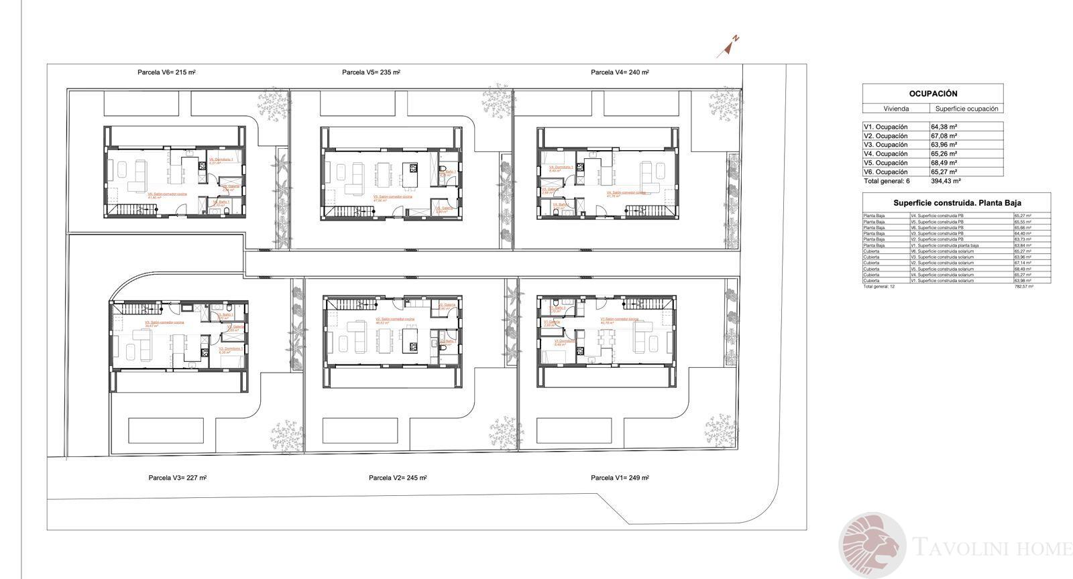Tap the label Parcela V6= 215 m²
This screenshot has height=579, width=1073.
coord(166,72)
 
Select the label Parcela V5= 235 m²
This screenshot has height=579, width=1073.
coord(370,72)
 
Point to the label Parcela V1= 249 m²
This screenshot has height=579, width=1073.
coord(620,478)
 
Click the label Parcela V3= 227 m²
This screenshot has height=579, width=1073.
coord(177,478)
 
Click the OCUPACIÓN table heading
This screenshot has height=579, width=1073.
coord(933,94)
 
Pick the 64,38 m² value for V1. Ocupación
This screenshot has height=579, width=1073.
coord(944,127)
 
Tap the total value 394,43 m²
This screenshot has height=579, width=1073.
coord(946,181)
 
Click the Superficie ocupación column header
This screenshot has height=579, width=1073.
coord(966,109)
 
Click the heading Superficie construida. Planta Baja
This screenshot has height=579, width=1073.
coord(956,202)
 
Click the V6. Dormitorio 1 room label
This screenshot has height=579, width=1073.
coord(221,160)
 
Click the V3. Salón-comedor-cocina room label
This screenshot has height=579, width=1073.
coord(164,322)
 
